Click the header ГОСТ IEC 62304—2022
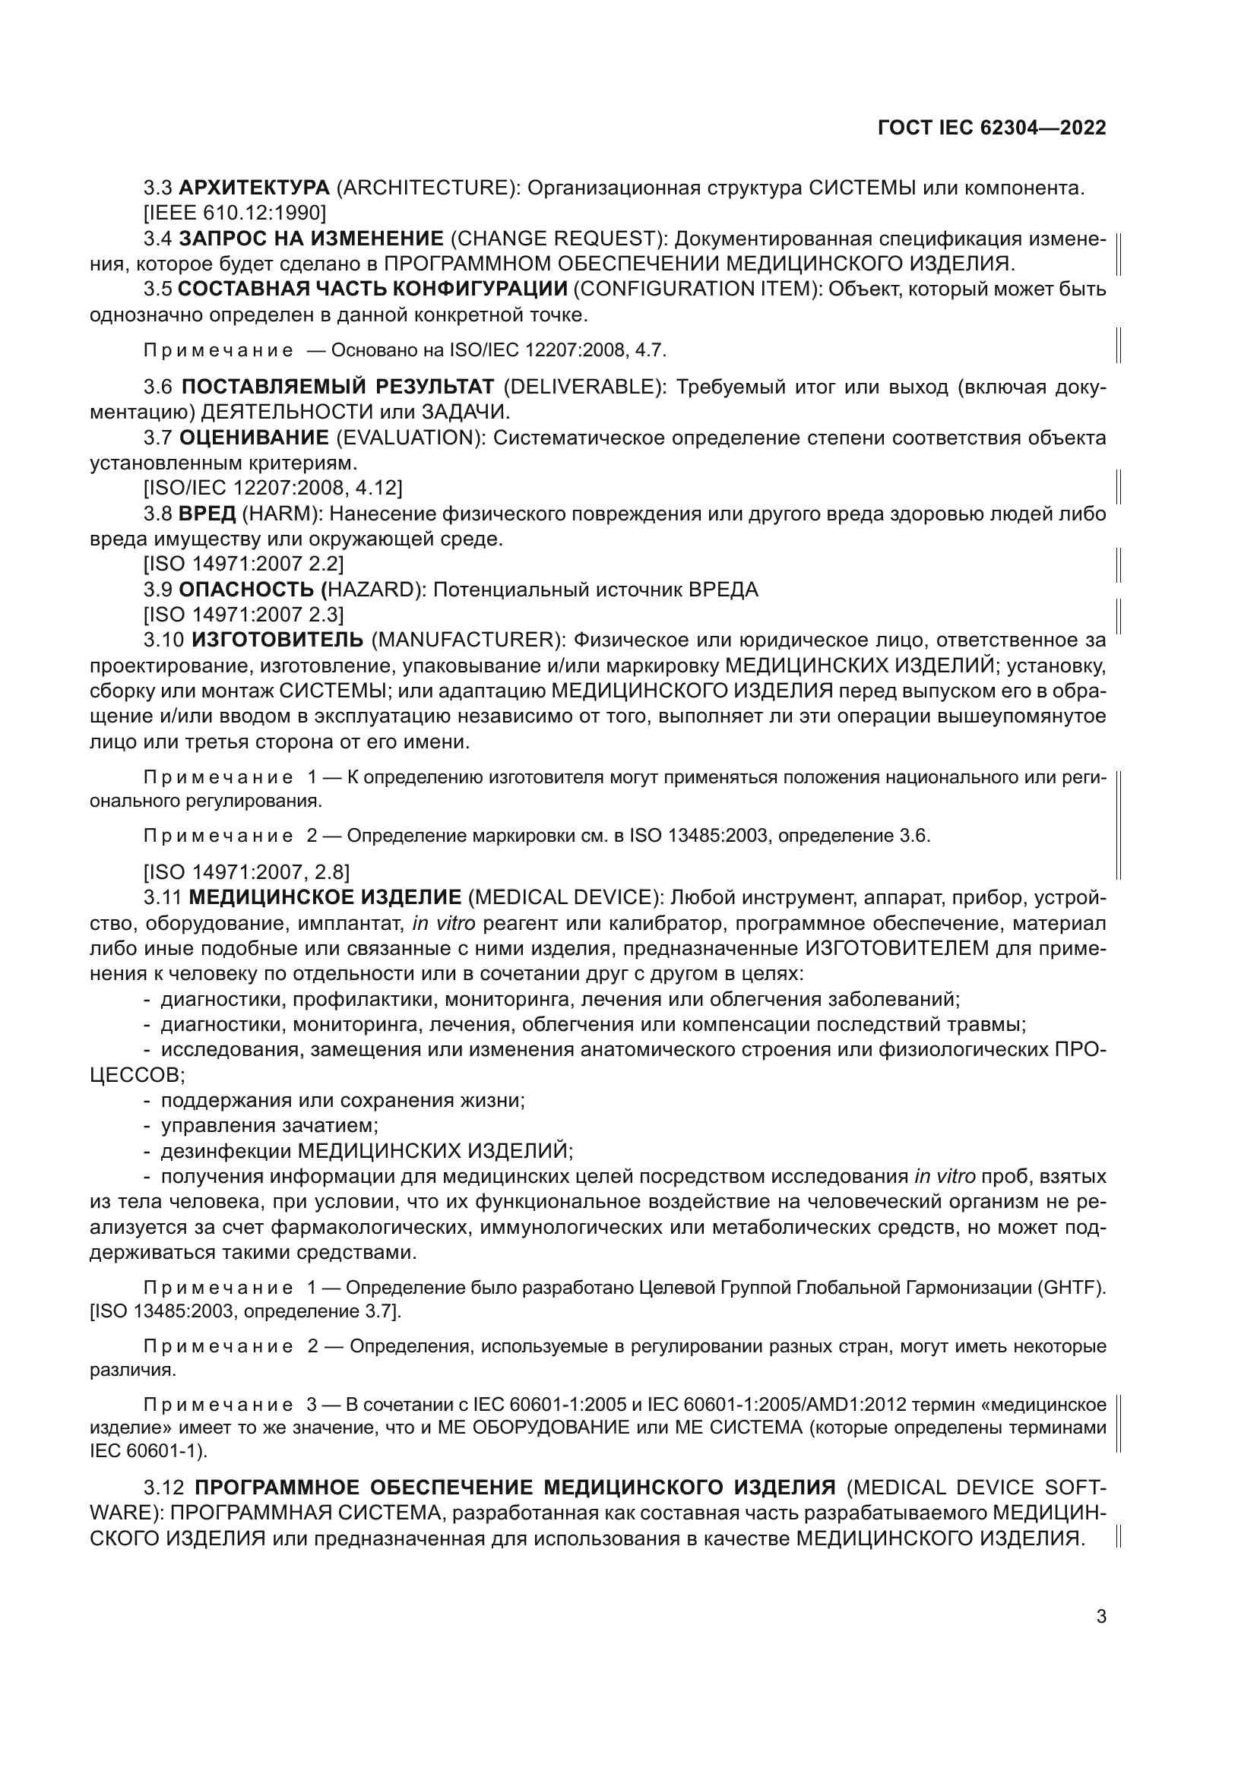(x=992, y=128)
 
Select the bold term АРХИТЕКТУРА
(x=254, y=188)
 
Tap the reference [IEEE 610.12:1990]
(x=235, y=213)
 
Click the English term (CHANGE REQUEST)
(x=553, y=239)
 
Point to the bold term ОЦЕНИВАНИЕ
(x=254, y=438)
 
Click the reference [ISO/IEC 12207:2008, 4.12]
(x=273, y=489)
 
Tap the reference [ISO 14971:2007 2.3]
(x=243, y=615)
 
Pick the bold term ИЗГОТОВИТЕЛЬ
(x=277, y=640)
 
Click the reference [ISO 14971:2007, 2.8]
(x=246, y=872)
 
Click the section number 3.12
(x=164, y=1488)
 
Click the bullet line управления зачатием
(x=268, y=1125)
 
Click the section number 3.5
(x=157, y=289)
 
